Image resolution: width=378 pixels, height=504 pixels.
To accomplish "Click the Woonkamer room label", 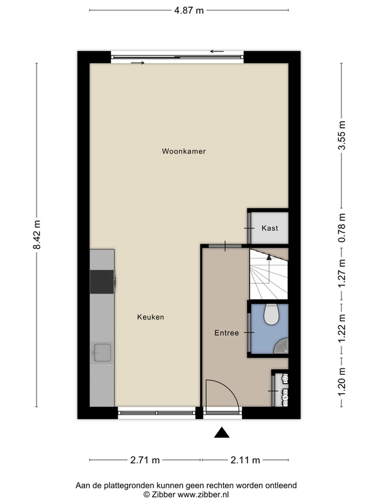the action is (183, 151).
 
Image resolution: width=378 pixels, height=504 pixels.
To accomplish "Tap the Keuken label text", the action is (151, 317).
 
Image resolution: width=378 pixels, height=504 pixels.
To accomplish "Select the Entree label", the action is (227, 333).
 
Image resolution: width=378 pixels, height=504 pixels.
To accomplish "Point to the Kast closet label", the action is (270, 228).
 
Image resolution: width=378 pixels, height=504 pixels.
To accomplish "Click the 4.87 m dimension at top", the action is (189, 10).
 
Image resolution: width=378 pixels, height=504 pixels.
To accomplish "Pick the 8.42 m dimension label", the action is (37, 234).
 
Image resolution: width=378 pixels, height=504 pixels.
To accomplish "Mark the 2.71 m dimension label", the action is (145, 460).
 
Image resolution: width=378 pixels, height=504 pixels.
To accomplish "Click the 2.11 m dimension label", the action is (245, 460).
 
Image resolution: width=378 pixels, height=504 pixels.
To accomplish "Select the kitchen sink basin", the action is (102, 352).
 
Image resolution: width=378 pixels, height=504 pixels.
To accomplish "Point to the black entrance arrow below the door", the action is (222, 433).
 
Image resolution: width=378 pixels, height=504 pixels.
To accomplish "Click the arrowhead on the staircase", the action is (269, 256).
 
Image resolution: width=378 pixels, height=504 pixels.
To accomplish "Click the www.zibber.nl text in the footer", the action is (203, 495).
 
